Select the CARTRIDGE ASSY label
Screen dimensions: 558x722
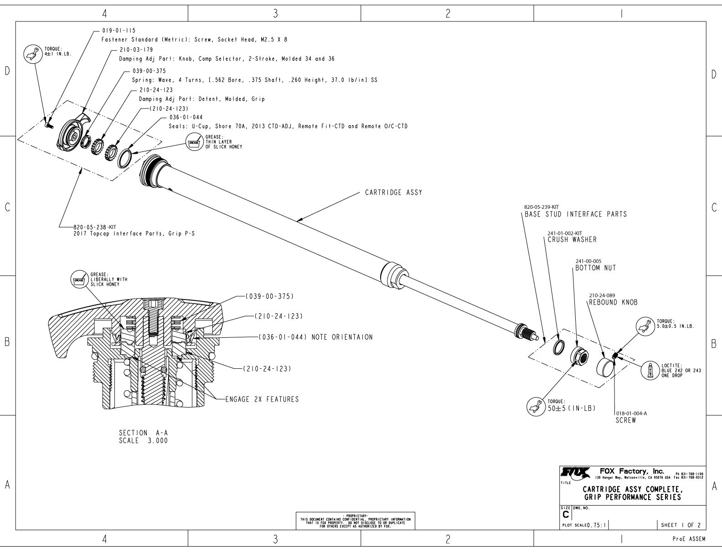click(x=393, y=192)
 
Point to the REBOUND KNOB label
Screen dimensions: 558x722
click(x=613, y=302)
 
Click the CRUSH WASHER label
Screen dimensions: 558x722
click(x=572, y=240)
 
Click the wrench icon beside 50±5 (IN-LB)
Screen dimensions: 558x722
click(x=534, y=405)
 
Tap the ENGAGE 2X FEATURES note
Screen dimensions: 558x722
click(x=262, y=399)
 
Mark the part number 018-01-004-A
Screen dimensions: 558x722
click(x=631, y=413)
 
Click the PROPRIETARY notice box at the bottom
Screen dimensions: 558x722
click(x=356, y=520)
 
